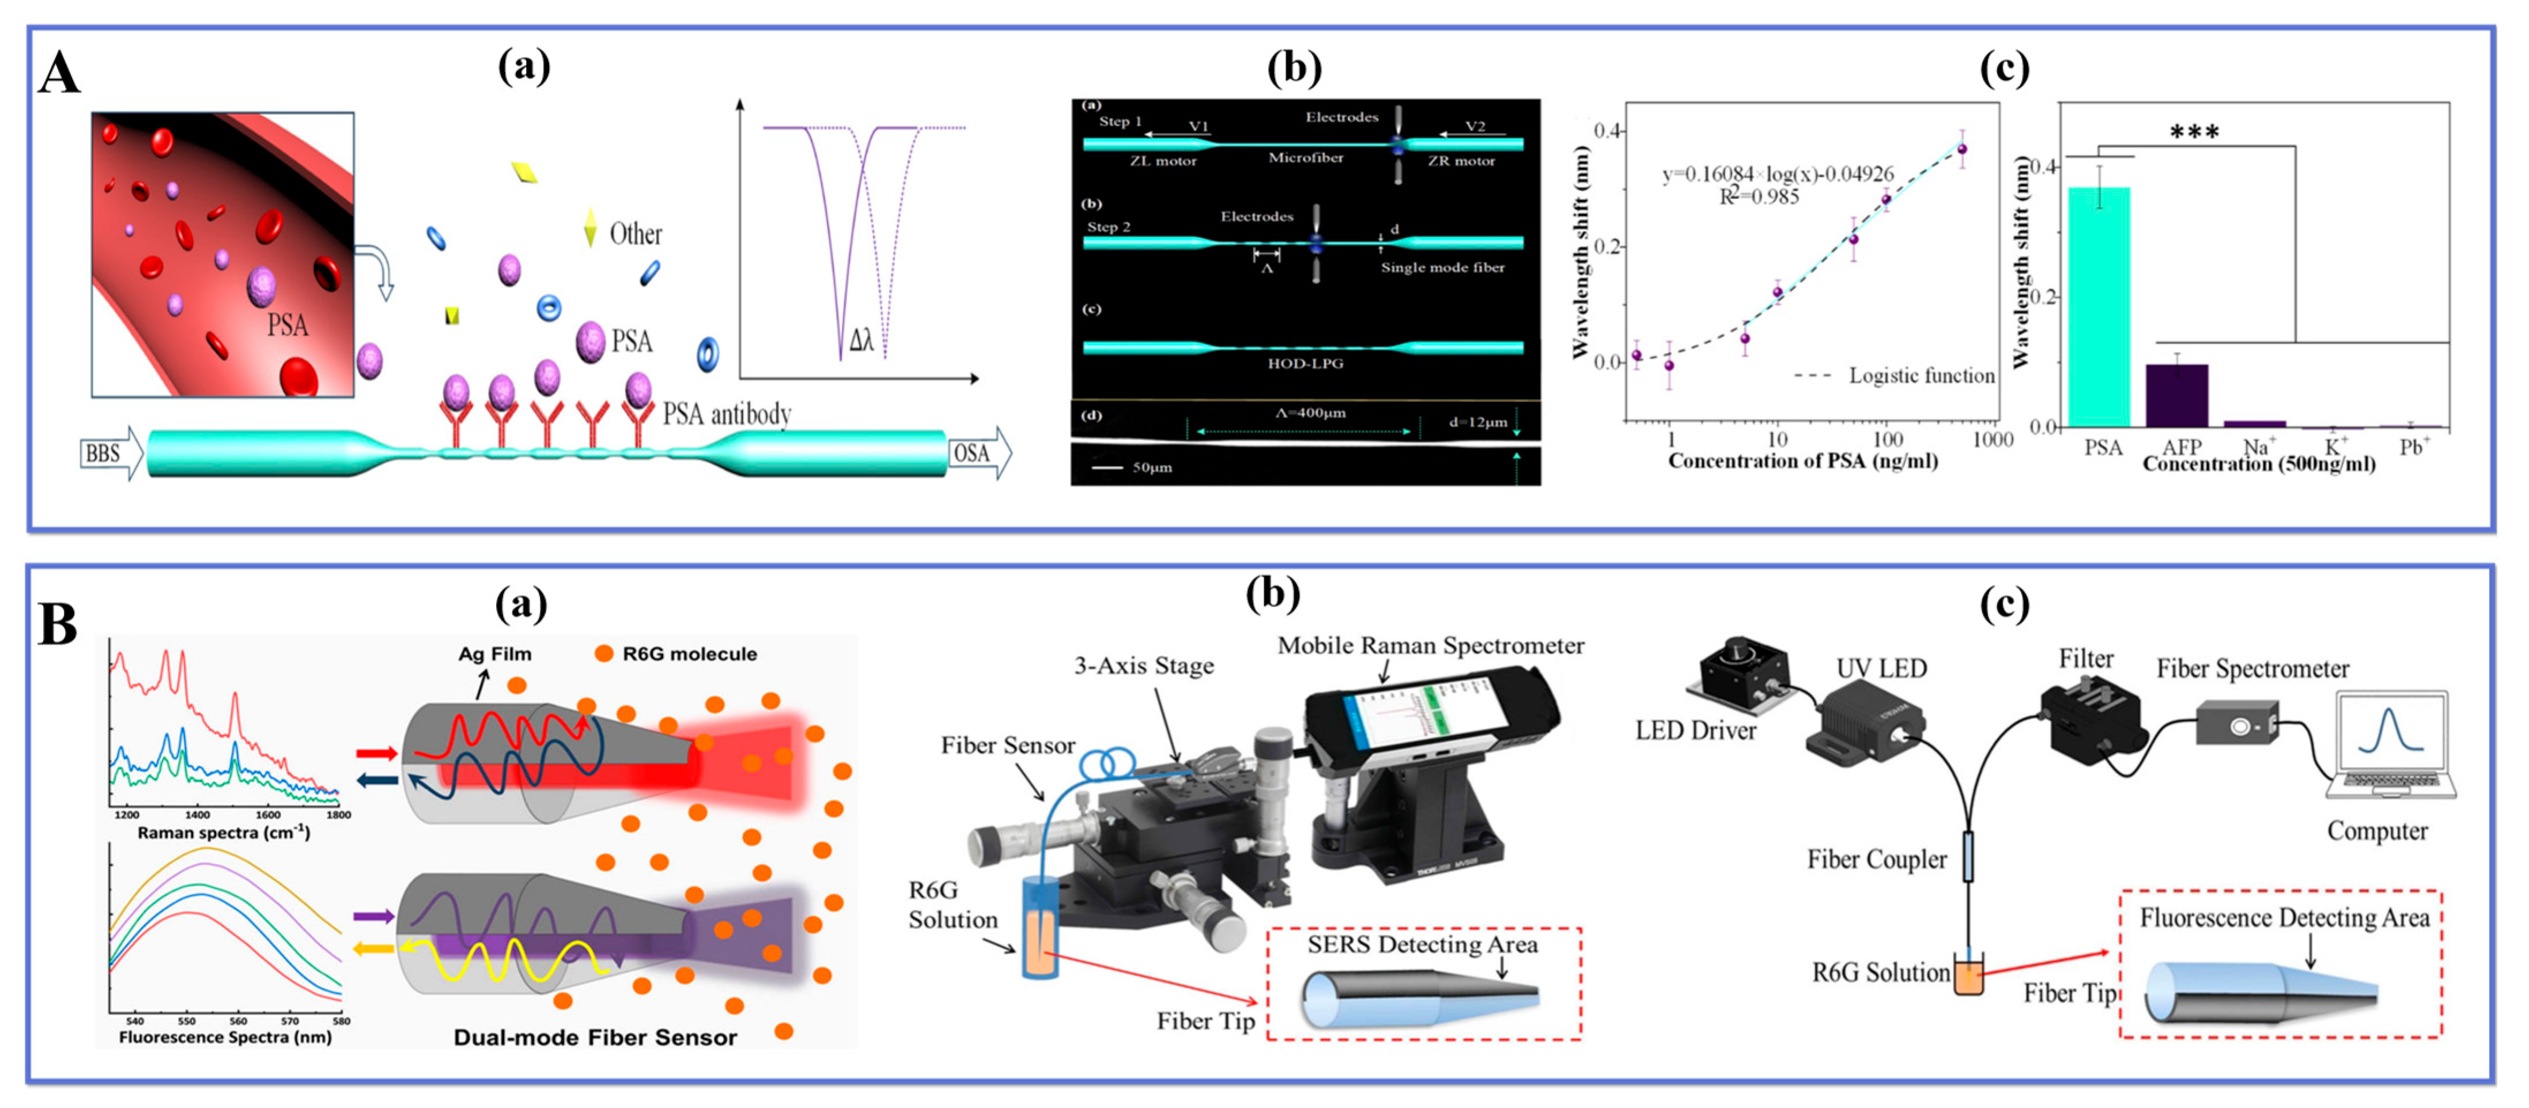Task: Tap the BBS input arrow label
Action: (x=103, y=453)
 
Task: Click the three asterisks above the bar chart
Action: (x=2194, y=131)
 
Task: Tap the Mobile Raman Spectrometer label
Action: (x=1430, y=646)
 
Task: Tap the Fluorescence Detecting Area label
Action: (x=2284, y=918)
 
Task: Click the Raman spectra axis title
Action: (x=224, y=832)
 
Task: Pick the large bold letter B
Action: (x=58, y=624)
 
